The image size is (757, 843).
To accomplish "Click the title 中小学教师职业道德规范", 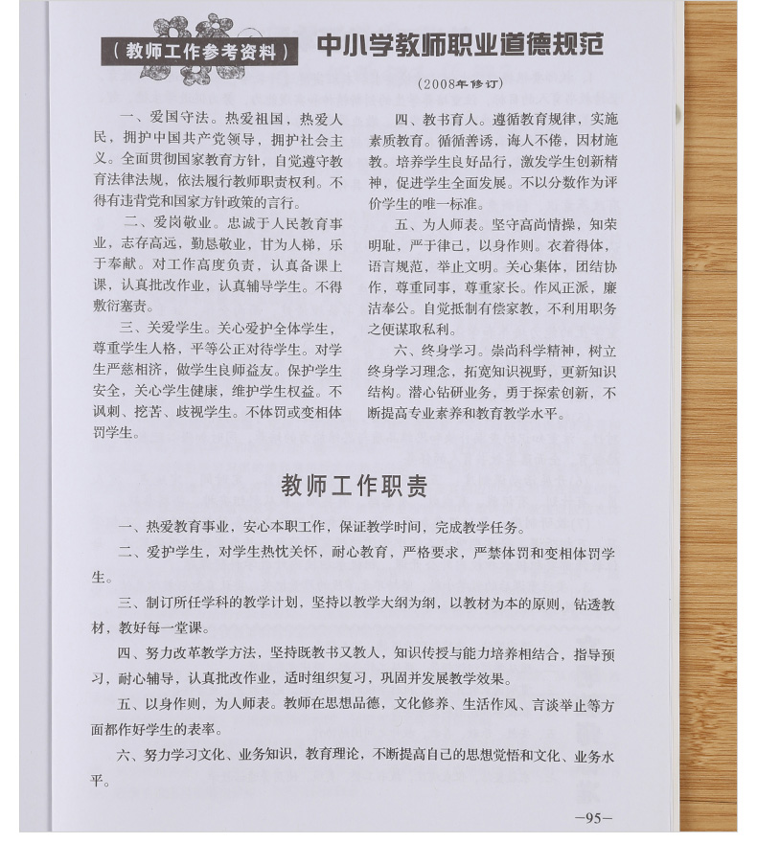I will (x=460, y=46).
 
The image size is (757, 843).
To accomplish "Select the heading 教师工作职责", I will (x=354, y=486).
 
